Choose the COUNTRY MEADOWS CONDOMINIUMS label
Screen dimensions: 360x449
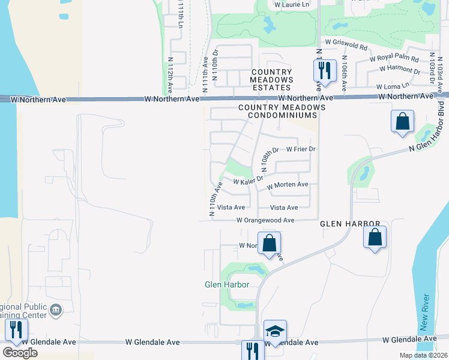coord(282,111)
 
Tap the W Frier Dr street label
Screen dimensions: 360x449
coord(301,149)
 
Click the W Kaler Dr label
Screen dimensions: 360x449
coord(248,181)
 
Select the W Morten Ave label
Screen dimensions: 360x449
coord(288,185)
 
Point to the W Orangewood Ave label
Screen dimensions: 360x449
coord(265,220)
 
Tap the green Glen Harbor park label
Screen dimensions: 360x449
coord(228,284)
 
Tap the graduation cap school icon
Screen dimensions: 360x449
coord(275,331)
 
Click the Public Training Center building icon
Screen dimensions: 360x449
coord(56,310)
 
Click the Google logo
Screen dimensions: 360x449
coord(20,353)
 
